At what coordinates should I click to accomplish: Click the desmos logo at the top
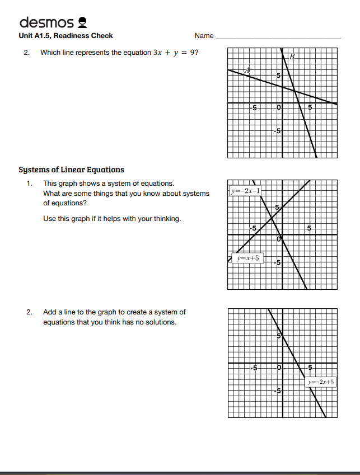coord(53,22)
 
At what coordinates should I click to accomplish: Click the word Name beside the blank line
coord(204,36)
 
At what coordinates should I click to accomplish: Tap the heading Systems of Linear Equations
coord(71,170)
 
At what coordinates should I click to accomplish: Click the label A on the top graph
coord(247,70)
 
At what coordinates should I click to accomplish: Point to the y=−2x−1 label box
coord(245,191)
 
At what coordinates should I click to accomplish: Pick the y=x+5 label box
coord(247,258)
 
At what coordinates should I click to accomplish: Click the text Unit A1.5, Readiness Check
coord(66,36)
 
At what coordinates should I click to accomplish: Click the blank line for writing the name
coord(278,37)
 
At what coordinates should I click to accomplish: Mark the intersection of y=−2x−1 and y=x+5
coord(272,218)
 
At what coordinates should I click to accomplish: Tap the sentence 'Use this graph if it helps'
coord(112,219)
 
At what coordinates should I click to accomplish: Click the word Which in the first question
coord(50,53)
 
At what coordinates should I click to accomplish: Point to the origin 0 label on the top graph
coord(278,107)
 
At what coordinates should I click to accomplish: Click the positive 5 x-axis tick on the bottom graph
coord(310,368)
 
